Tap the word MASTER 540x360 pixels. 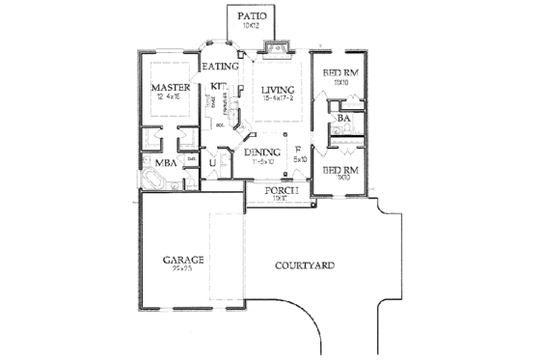(x=169, y=88)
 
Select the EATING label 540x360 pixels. (x=220, y=66)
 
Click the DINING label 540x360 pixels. (x=261, y=152)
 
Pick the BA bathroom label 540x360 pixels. (x=343, y=120)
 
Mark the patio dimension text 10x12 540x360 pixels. (x=253, y=27)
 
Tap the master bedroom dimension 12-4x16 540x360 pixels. (x=168, y=97)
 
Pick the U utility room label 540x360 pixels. (x=213, y=163)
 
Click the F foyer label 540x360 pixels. (x=299, y=149)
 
